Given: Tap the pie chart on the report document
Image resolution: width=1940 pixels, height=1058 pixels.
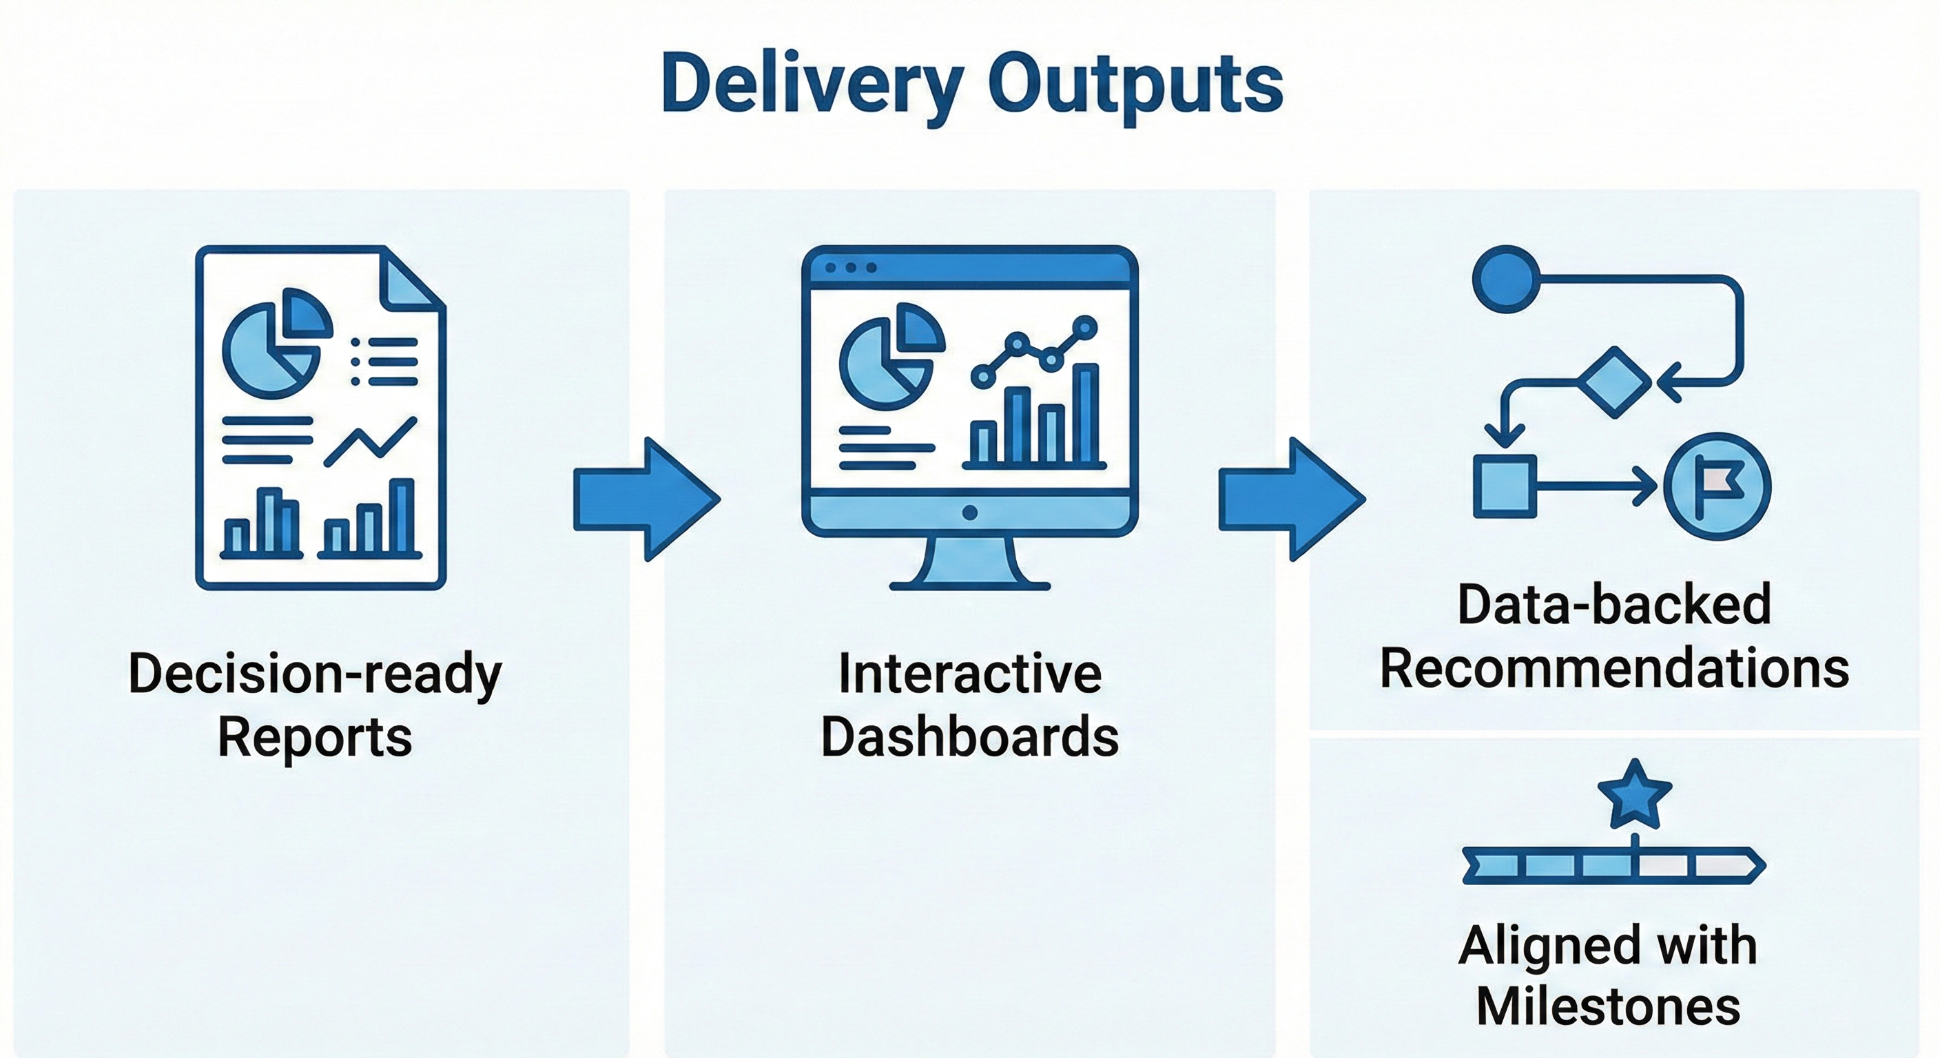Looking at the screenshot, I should click(x=275, y=344).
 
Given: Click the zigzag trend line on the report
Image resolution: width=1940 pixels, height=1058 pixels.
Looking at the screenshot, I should click(x=370, y=442).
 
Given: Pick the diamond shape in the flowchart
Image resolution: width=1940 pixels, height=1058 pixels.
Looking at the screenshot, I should click(x=1613, y=382).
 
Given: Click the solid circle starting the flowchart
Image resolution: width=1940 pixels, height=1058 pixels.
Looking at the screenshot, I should click(x=1505, y=278).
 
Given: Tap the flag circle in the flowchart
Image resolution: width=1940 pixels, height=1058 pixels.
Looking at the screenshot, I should click(x=1716, y=486).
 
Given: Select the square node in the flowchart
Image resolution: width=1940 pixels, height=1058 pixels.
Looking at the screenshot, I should click(x=1504, y=486).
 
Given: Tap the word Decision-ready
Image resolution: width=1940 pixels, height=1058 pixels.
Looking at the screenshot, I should click(x=315, y=673).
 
